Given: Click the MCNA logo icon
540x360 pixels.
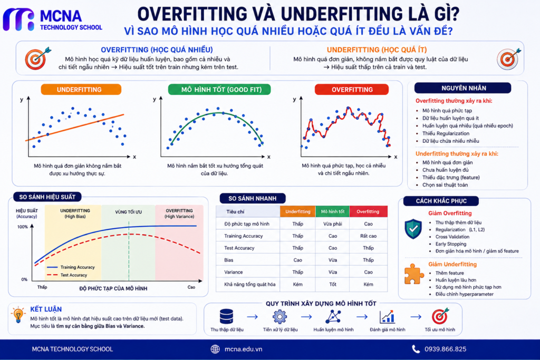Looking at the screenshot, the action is pyautogui.click(x=18, y=20).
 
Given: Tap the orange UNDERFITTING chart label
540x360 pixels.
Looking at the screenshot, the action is pyautogui.click(x=81, y=90).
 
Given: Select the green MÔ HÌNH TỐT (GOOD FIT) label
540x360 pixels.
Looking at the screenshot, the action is pyautogui.click(x=219, y=90).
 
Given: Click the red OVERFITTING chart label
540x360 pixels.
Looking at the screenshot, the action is pyautogui.click(x=352, y=90).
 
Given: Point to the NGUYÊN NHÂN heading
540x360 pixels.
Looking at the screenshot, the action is pyautogui.click(x=463, y=88).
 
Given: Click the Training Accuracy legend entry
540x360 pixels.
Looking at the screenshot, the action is pyautogui.click(x=71, y=267).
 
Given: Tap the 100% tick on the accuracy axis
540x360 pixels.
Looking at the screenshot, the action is pyautogui.click(x=22, y=227).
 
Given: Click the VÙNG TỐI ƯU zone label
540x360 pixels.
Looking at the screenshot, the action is pyautogui.click(x=128, y=212).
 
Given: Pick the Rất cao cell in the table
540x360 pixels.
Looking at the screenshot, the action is pyautogui.click(x=368, y=236).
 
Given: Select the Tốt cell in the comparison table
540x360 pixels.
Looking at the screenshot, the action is pyautogui.click(x=332, y=284).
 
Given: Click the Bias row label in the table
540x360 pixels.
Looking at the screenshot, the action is pyautogui.click(x=229, y=260).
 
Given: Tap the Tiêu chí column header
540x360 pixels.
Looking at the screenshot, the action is pyautogui.click(x=235, y=212).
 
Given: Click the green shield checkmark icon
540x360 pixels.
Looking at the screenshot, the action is pyautogui.click(x=413, y=229).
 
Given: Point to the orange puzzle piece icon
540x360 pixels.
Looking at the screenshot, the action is pyautogui.click(x=413, y=274).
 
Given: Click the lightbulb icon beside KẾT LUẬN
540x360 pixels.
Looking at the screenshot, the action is pyautogui.click(x=18, y=314).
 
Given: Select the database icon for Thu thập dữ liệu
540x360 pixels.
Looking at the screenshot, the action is pyautogui.click(x=226, y=316).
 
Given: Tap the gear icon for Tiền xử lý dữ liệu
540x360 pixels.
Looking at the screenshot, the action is pyautogui.click(x=279, y=317).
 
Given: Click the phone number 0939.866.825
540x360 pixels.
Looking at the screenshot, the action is pyautogui.click(x=445, y=349).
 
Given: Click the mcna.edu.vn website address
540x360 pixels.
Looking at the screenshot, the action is pyautogui.click(x=243, y=349).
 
